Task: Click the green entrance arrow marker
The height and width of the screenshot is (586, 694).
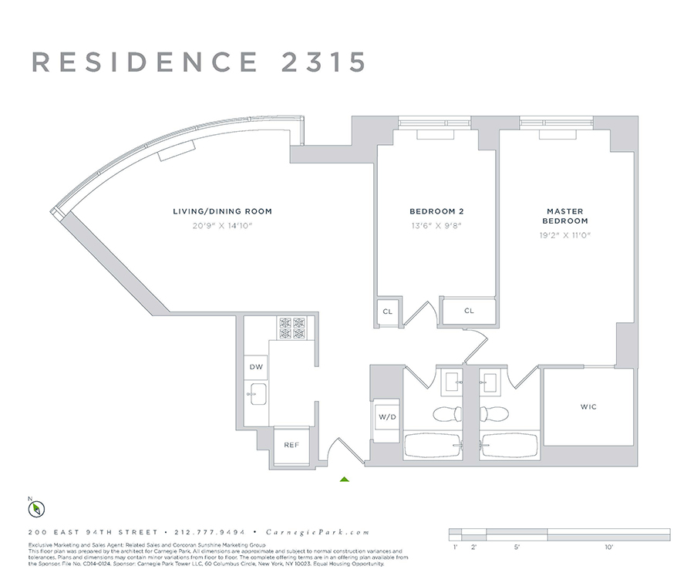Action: point(345,479)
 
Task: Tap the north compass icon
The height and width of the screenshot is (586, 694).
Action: point(35,509)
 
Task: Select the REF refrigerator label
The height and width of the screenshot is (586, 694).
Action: point(291,445)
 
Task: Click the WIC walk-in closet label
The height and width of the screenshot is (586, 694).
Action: point(588,406)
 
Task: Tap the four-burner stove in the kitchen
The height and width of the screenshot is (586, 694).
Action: point(291,328)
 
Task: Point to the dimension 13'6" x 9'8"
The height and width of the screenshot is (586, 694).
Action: point(436,226)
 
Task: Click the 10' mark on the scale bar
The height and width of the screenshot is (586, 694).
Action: point(609,547)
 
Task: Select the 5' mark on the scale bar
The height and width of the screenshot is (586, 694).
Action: point(516,547)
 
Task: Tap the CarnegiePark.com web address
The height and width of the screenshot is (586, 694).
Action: point(318,532)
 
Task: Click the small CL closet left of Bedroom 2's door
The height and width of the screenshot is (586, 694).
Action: point(387,312)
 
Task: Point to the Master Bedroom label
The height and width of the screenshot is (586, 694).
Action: point(565,216)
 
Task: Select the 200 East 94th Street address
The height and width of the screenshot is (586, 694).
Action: point(93,532)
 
